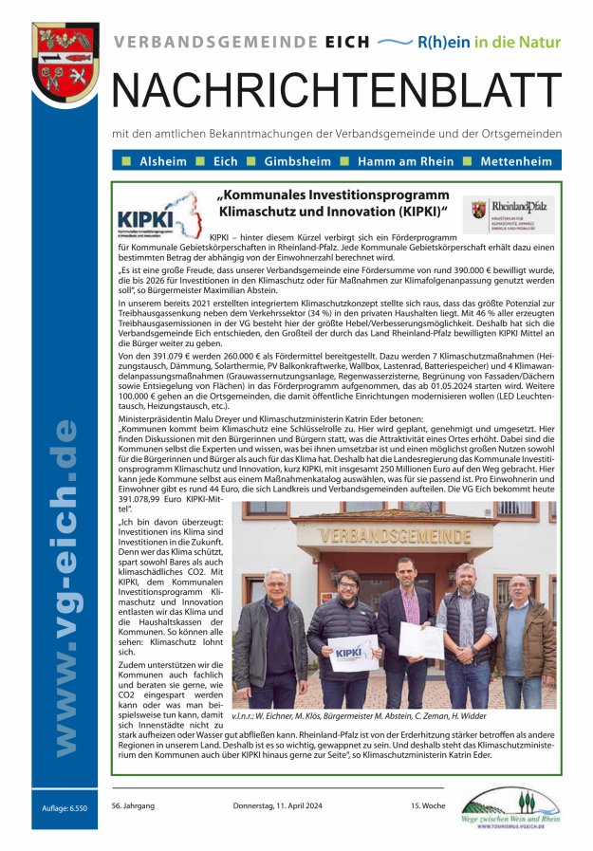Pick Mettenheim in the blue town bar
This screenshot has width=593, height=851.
(x=516, y=161)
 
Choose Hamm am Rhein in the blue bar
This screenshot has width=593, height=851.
(x=405, y=161)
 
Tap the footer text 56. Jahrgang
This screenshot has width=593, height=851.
(x=133, y=805)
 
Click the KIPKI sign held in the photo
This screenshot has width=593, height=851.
(x=353, y=652)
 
